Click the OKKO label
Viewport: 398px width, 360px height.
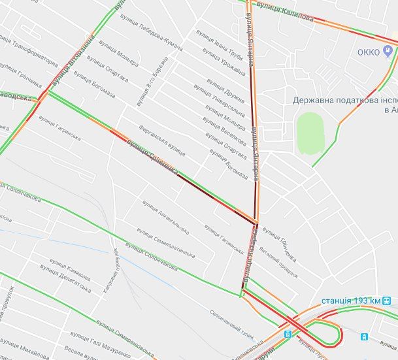click(369, 52)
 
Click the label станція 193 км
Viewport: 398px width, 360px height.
click(351, 301)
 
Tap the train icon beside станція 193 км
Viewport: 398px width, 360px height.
click(388, 301)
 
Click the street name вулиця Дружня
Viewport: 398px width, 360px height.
click(225, 91)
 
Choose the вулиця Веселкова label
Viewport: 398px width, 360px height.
click(224, 131)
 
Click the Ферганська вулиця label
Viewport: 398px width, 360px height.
click(162, 140)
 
